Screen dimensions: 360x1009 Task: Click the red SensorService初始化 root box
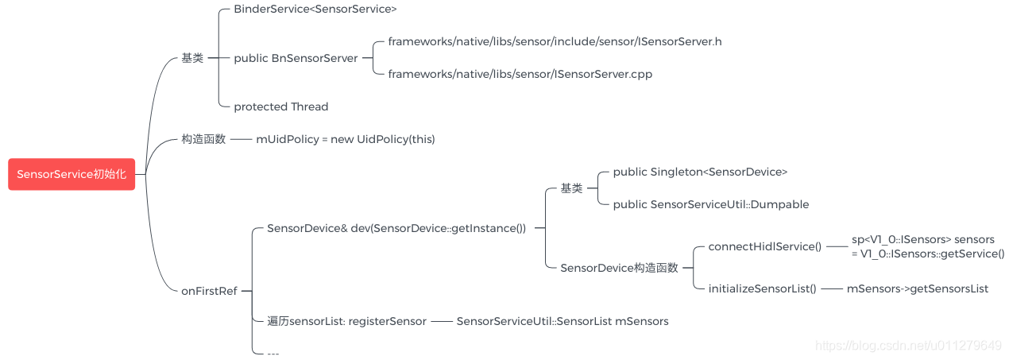click(72, 175)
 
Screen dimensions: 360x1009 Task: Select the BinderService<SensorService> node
click(315, 10)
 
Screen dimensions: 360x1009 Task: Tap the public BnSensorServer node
click(296, 58)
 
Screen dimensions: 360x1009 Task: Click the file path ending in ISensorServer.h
click(555, 41)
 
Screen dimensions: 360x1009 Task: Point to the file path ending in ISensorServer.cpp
click(520, 74)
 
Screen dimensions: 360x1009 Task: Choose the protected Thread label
click(280, 106)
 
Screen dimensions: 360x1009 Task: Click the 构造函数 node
click(203, 139)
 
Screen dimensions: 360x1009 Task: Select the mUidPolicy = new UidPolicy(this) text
click(345, 139)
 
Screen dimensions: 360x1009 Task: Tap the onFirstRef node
click(209, 291)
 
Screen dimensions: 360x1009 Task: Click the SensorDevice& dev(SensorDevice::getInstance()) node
click(396, 228)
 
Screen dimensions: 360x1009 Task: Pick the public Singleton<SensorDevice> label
click(700, 172)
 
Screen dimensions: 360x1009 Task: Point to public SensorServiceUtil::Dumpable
click(710, 204)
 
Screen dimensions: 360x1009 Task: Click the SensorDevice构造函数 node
click(619, 268)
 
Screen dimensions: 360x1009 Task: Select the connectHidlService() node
click(764, 246)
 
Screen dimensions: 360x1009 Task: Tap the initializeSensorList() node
click(762, 288)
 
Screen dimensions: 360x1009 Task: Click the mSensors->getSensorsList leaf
click(917, 288)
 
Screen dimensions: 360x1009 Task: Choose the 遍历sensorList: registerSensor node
click(346, 321)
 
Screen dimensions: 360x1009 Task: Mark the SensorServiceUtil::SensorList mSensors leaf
click(562, 321)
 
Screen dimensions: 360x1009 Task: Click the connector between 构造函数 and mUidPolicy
click(241, 139)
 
